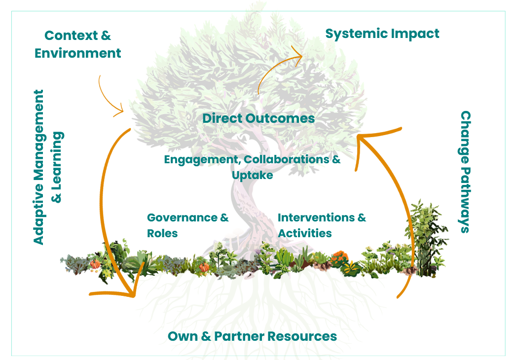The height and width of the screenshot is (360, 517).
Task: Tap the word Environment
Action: pyautogui.click(x=78, y=53)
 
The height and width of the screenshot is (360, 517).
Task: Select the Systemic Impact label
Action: pyautogui.click(x=382, y=34)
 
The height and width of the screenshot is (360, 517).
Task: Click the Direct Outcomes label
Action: pyautogui.click(x=258, y=118)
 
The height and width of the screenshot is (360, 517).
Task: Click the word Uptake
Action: pyautogui.click(x=252, y=175)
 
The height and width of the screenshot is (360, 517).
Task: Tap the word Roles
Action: pyautogui.click(x=162, y=233)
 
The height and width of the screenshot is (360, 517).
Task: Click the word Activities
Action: pyautogui.click(x=305, y=233)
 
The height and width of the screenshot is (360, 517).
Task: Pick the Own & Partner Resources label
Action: pyautogui.click(x=252, y=336)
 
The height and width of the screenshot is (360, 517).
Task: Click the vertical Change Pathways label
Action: pyautogui.click(x=465, y=171)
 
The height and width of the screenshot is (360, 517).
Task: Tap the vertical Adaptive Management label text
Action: pyautogui.click(x=38, y=167)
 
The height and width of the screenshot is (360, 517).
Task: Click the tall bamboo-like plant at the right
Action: pyautogui.click(x=427, y=237)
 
